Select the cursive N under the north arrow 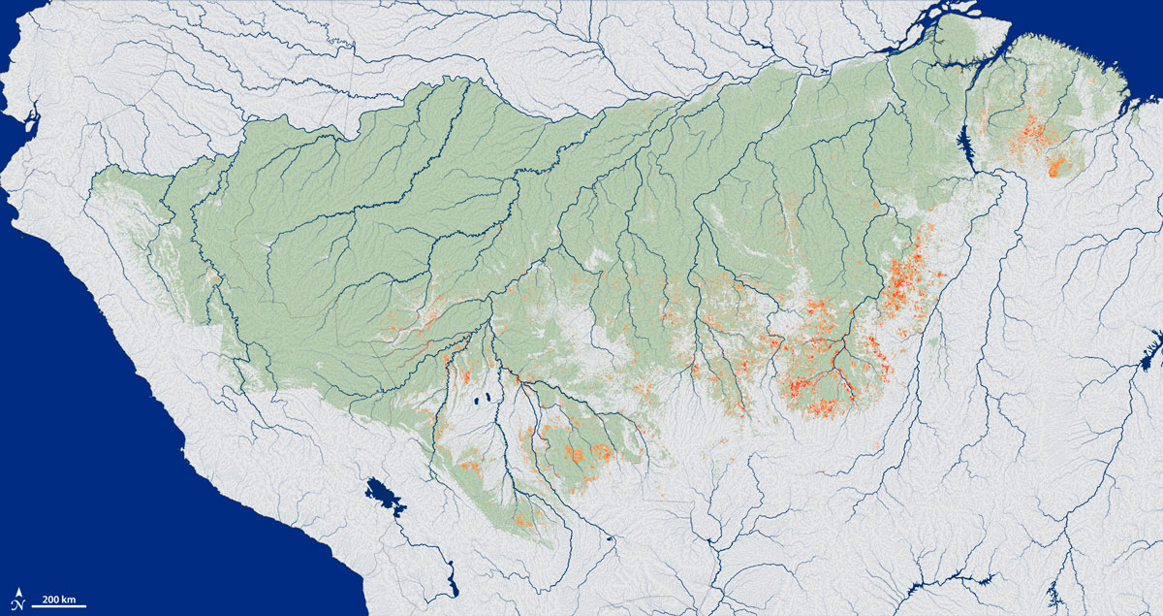(19, 603)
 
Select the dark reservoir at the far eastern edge (1154, 345)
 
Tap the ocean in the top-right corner (1115, 24)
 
